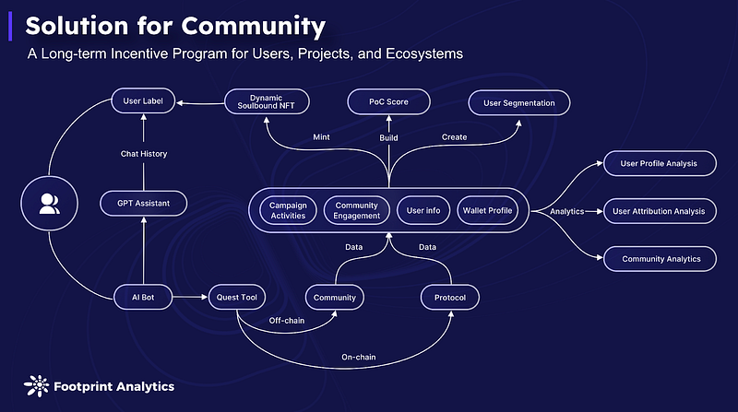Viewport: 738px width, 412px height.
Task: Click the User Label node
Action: pos(143,100)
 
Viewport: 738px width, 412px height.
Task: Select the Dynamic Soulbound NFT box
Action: pos(267,101)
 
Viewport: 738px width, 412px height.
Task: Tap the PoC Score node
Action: pos(388,101)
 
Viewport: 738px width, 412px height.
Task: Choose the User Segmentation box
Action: pos(519,103)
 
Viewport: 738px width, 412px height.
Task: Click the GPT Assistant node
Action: pos(144,203)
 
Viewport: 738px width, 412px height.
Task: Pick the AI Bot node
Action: pos(143,297)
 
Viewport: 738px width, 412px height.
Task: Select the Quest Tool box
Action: pos(237,297)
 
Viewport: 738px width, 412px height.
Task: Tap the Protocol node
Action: pos(450,297)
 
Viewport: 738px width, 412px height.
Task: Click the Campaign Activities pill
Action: pos(288,210)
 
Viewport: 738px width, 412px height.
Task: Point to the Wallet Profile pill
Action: pos(488,210)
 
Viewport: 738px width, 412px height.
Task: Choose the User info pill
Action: pos(423,210)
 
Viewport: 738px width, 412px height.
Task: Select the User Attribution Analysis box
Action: pos(660,211)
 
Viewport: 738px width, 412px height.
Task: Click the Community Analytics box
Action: pos(660,259)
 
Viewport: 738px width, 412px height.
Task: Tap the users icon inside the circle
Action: pos(50,204)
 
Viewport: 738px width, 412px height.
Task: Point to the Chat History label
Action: pos(144,154)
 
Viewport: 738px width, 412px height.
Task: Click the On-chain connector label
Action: pos(359,357)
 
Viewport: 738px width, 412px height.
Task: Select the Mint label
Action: pos(321,136)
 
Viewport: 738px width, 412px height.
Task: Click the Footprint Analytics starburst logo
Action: pos(36,386)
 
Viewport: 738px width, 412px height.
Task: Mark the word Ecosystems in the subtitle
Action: pos(424,54)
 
